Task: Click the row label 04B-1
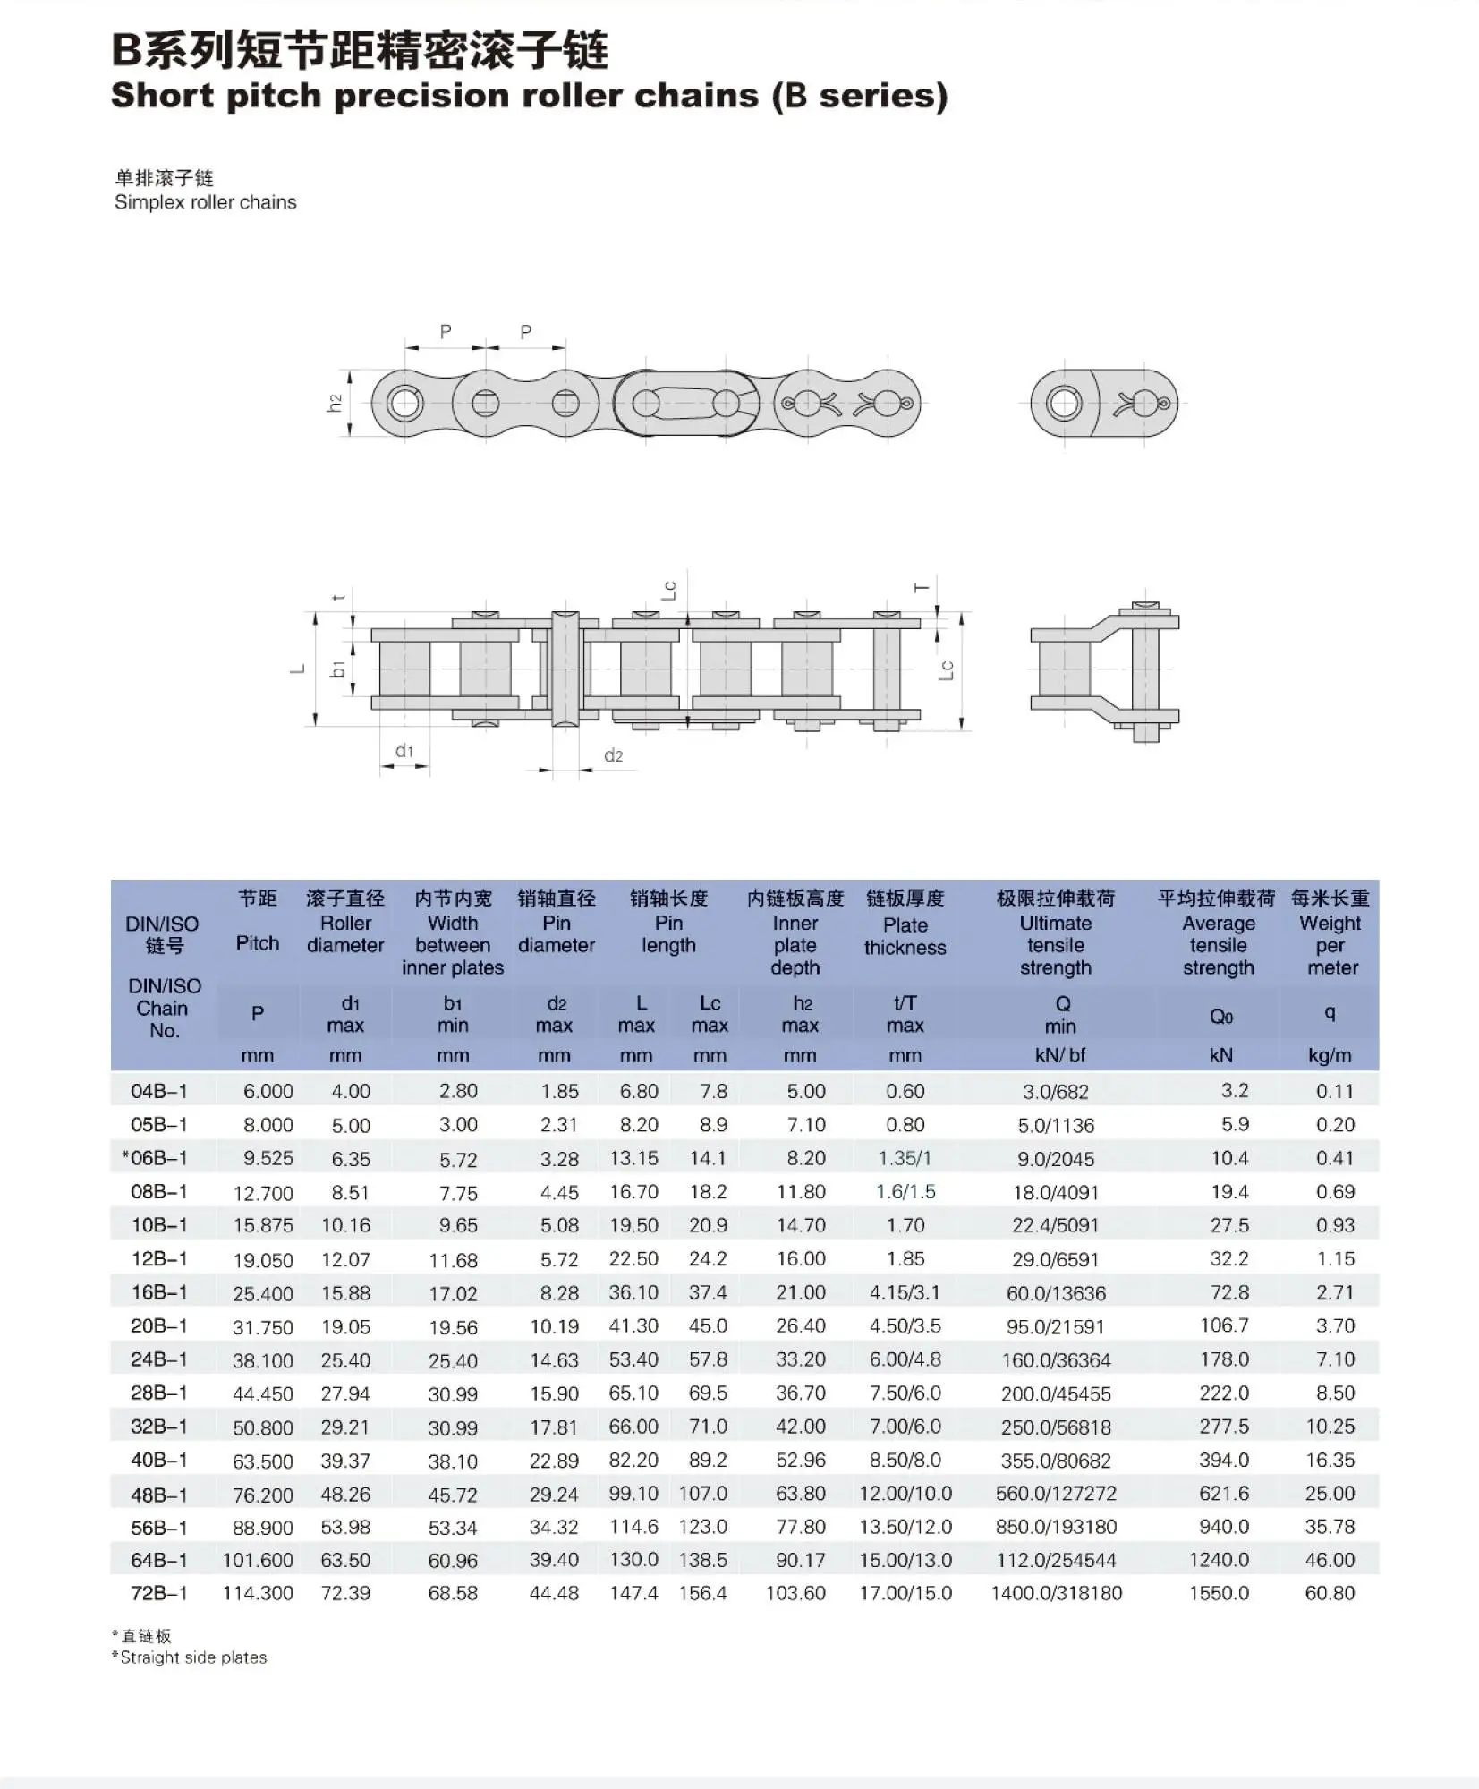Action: [x=158, y=1091]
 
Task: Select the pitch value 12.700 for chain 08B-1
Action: [x=263, y=1193]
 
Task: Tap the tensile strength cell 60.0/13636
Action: [x=1056, y=1293]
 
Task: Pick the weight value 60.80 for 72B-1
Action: [x=1330, y=1593]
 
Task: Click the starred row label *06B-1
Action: [x=155, y=1158]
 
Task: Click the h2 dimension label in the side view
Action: [x=335, y=404]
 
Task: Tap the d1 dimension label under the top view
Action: [x=404, y=751]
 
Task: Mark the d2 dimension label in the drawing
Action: [x=613, y=755]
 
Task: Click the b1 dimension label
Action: [x=337, y=669]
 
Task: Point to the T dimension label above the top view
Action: [x=921, y=588]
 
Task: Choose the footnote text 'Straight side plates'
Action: [x=193, y=1657]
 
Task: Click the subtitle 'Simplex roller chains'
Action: [x=206, y=202]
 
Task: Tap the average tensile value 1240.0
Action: [x=1218, y=1560]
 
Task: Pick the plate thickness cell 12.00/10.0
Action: [x=905, y=1493]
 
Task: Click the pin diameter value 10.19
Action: [x=554, y=1326]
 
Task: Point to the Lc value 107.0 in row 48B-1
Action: [x=702, y=1493]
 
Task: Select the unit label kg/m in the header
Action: [x=1330, y=1055]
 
